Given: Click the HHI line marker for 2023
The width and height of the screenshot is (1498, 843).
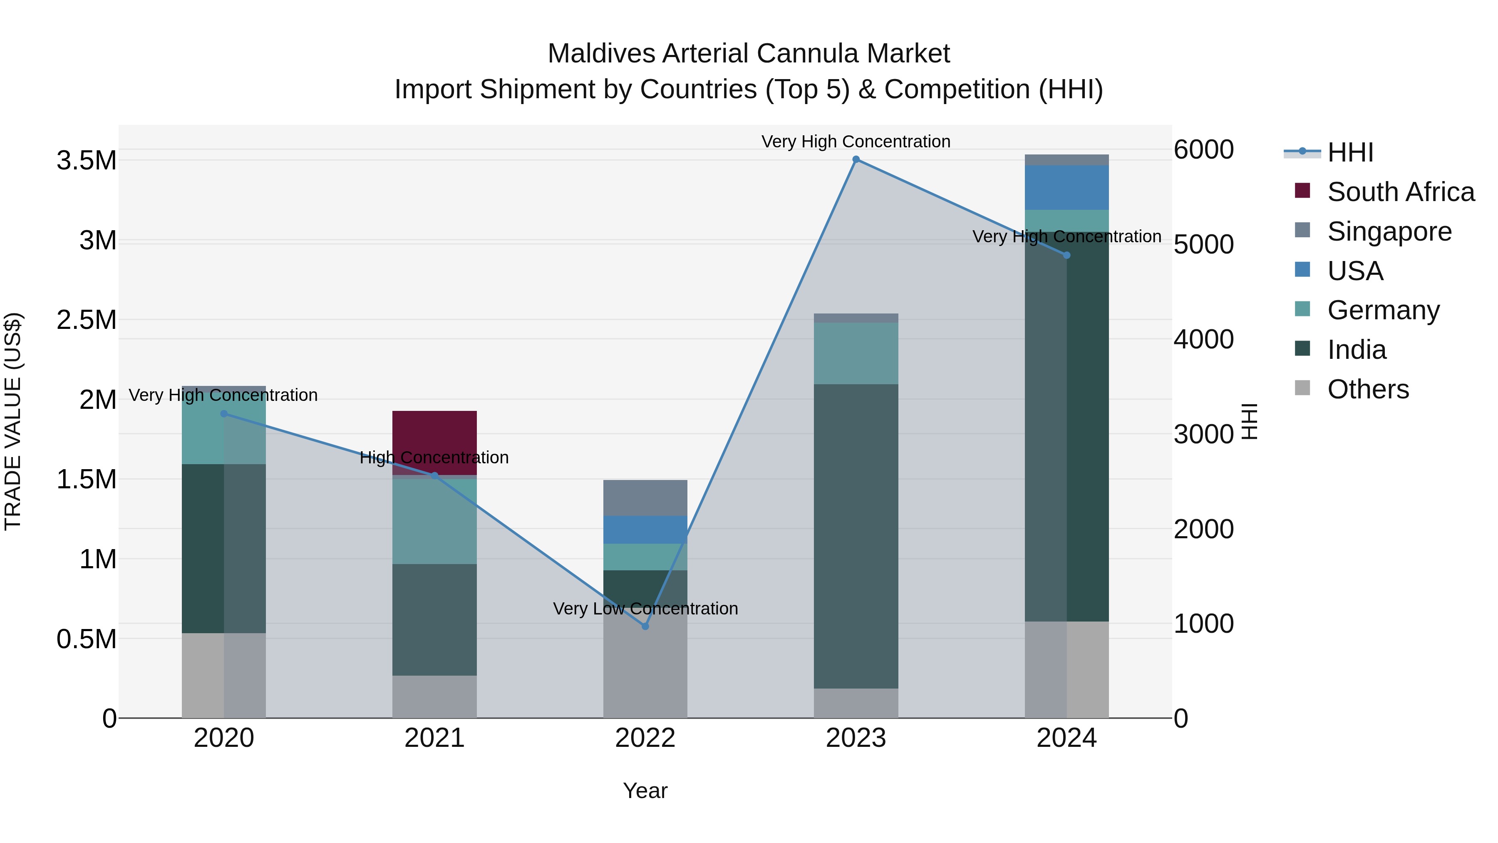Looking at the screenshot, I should [856, 159].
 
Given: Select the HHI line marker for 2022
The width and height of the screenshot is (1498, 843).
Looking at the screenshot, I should [645, 627].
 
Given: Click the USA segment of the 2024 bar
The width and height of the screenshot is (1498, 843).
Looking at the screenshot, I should [1066, 187].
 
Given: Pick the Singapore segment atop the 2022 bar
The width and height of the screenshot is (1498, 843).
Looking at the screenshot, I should [645, 497].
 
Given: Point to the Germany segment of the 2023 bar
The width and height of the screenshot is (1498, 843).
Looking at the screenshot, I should [856, 353].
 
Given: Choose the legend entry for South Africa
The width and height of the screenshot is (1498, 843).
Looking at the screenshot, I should [1400, 192].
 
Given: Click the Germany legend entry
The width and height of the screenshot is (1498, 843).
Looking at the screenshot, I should [1383, 310].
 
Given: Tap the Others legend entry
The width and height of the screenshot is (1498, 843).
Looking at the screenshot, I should [1368, 389].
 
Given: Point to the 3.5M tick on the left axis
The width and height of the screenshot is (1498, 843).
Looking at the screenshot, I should [87, 161].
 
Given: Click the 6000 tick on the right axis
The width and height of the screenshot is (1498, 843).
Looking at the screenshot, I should [1203, 149].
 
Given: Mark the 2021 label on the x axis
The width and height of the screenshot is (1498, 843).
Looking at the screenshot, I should [434, 738].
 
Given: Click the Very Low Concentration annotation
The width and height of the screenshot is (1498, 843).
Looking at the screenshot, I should [645, 609].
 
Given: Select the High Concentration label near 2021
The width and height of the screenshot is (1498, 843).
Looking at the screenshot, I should [434, 457].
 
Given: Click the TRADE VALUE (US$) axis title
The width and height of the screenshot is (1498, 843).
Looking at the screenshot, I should [13, 421].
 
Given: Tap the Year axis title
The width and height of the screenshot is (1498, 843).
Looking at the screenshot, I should [645, 791].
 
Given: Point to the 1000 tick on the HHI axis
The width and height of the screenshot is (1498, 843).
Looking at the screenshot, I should [1203, 624].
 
